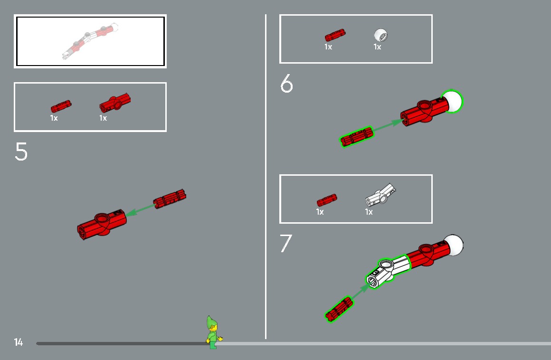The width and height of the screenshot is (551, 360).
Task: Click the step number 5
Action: pos(21,152)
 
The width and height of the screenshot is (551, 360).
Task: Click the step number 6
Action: pos(286,83)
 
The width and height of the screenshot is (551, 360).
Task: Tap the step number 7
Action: pos(285,243)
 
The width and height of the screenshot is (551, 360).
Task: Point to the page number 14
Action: pos(18,342)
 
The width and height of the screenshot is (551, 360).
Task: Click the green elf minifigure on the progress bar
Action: pos(213,332)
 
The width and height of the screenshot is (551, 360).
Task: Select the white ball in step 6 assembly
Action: pos(452,101)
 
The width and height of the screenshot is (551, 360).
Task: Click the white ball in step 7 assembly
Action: pos(453,245)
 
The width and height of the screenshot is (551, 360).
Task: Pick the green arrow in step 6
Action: pos(388,125)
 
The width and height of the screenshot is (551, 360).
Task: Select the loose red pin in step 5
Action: pos(170,199)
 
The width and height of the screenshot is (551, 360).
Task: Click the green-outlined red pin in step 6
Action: pos(357,137)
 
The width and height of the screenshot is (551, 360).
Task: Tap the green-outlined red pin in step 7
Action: pos(339,309)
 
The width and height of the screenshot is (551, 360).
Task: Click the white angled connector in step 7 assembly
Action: pos(388,270)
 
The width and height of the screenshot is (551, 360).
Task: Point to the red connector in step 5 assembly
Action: pos(102,224)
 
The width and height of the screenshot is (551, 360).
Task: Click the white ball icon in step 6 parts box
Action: pos(381,35)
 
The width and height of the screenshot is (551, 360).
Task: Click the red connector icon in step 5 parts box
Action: pos(115,103)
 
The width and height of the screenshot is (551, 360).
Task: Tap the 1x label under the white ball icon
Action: pos(377,47)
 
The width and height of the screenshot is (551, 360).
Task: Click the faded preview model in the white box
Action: pos(90,41)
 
